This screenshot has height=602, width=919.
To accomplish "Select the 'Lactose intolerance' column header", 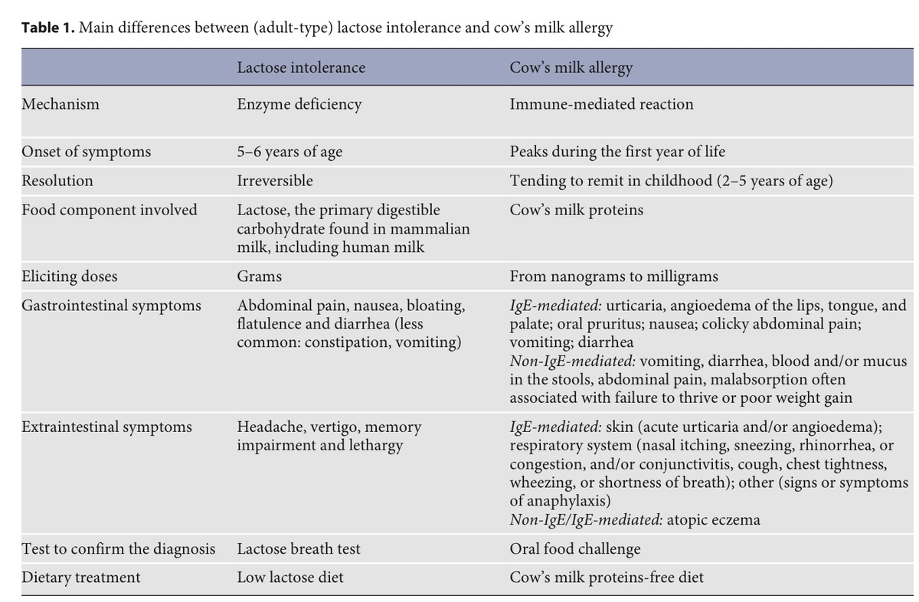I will (x=301, y=67).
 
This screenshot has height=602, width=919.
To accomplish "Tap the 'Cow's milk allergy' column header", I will (x=571, y=67).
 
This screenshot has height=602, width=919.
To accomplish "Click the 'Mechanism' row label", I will (x=61, y=104).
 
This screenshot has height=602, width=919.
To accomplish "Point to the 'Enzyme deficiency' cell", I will (x=299, y=104).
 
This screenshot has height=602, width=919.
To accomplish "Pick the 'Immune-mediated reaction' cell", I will (x=601, y=104).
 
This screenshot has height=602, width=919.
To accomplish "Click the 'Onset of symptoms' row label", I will (x=86, y=152).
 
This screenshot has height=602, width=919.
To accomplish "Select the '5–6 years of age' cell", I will (x=289, y=152).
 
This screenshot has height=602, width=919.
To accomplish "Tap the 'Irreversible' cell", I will (x=275, y=181).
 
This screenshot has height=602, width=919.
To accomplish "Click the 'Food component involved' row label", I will (x=110, y=210).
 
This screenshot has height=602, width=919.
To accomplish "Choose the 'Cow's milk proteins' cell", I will (x=577, y=210).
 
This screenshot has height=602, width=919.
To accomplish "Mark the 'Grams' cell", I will (x=259, y=276).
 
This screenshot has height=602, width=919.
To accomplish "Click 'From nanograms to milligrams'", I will (x=614, y=276).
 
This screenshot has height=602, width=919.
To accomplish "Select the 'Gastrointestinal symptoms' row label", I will (x=112, y=306).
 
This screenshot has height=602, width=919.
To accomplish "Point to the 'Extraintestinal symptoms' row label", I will (x=107, y=427).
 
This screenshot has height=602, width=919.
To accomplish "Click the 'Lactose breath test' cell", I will (x=299, y=548).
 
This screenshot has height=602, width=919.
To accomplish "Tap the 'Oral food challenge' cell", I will (x=575, y=548).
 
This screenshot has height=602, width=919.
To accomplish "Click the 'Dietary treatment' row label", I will (x=81, y=577).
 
